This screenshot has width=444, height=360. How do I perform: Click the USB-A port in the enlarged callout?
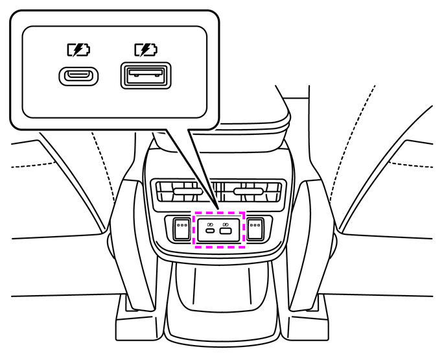click(x=145, y=76)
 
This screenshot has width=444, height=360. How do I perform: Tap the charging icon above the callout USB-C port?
click(x=79, y=49)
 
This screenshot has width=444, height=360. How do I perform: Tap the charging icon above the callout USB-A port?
click(x=145, y=49)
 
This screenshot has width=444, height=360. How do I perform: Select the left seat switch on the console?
click(x=181, y=228)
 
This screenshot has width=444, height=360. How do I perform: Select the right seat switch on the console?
click(x=257, y=228)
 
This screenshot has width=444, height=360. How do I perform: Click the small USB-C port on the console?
click(x=211, y=232)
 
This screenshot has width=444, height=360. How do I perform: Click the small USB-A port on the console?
click(x=226, y=232)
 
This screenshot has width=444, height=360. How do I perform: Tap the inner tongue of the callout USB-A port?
click(x=145, y=75)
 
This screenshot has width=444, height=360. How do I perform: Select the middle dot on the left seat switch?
click(x=181, y=226)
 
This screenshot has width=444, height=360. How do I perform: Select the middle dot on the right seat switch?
click(x=257, y=226)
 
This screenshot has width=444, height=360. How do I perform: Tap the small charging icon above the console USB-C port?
click(x=211, y=222)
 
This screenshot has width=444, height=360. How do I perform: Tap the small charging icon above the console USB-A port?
click(x=226, y=222)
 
